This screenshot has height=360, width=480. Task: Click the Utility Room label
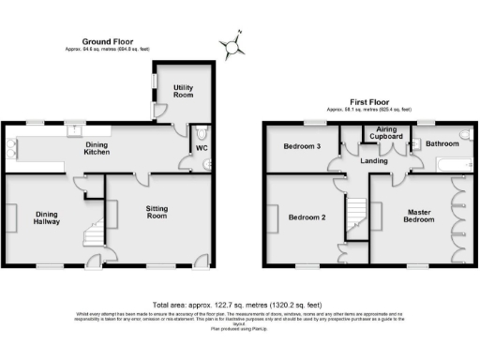pos(183,91)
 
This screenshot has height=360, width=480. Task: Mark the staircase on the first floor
pos(353,218)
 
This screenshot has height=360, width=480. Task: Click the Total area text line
pos(240,306)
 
